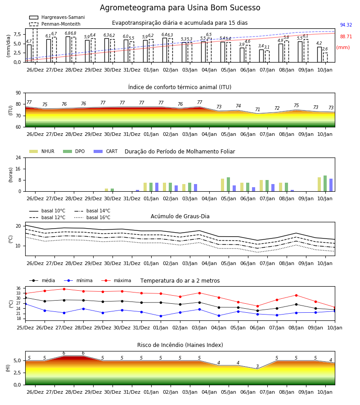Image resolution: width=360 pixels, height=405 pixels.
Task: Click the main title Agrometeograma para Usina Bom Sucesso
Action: point(180,8)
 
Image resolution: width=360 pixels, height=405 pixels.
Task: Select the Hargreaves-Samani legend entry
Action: point(57,17)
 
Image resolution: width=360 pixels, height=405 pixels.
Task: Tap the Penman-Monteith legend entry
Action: point(55,24)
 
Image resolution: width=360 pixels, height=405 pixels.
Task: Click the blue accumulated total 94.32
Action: point(346,25)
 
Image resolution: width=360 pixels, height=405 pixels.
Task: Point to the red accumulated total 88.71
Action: point(346,36)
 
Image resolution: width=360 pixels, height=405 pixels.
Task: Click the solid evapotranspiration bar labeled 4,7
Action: point(29,54)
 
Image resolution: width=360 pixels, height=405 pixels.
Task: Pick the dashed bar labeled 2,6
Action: point(325,58)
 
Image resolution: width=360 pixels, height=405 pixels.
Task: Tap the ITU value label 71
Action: point(257,109)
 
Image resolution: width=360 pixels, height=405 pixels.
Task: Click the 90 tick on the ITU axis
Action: point(18,93)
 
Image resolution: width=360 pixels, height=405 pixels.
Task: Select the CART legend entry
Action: point(106,151)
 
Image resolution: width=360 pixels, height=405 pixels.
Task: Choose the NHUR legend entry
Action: point(41,151)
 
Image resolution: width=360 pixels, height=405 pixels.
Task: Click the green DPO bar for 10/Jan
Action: point(325,184)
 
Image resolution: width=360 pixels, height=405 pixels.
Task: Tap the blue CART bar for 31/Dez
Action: point(137,191)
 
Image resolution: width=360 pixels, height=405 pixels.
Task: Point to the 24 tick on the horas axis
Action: point(18,157)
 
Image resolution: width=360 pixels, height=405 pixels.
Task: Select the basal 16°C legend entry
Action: point(92,217)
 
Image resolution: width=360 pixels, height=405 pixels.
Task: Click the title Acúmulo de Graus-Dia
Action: point(180,216)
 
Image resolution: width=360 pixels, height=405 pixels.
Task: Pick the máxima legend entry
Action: point(116,280)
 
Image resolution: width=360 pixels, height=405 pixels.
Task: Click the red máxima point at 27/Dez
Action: point(64,289)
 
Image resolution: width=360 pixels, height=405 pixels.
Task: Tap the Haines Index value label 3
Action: point(257,366)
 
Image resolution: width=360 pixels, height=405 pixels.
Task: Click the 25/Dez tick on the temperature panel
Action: point(25,328)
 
